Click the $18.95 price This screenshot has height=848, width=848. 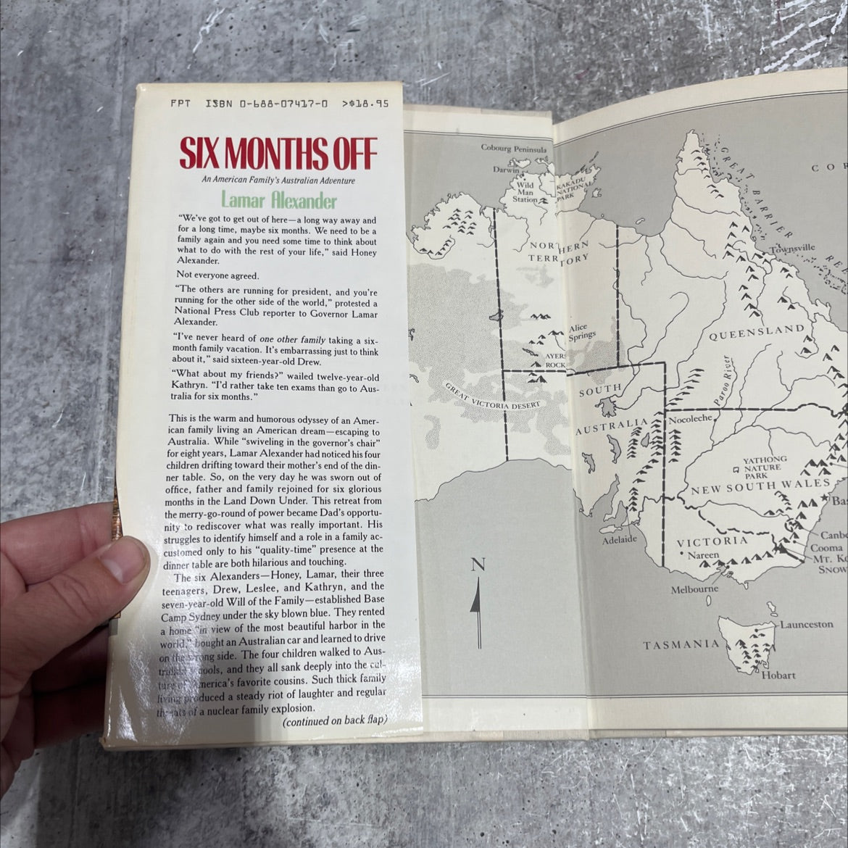tap(370, 104)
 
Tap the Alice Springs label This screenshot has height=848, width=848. tap(582, 331)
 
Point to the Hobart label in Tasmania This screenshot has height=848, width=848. tap(778, 676)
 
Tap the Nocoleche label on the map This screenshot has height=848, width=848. tap(692, 419)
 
